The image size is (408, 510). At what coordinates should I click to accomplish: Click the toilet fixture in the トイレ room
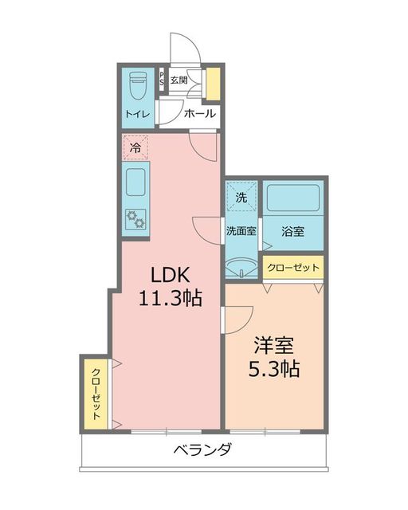[x=135, y=83]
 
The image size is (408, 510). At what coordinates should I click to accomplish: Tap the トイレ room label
[x=136, y=114]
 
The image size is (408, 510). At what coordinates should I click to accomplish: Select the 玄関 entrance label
[x=178, y=80]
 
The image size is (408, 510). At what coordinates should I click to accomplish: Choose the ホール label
[x=198, y=114]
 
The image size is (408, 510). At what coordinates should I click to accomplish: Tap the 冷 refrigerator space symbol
[x=135, y=147]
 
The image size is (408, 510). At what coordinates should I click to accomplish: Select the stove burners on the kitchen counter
[x=135, y=218]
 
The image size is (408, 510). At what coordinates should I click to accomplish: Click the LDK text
[x=169, y=274]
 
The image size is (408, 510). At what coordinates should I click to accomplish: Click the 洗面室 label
[x=240, y=232]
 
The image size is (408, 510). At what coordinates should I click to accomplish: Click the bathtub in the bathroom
[x=292, y=198]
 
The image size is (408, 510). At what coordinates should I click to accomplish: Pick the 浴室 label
[x=293, y=232]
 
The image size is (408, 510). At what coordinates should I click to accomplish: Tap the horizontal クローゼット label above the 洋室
[x=293, y=268]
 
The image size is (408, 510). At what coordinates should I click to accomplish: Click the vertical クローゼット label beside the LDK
[x=96, y=394]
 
